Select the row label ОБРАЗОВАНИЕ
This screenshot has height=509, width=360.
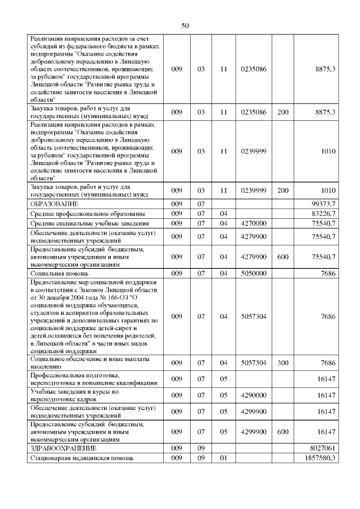(54, 203)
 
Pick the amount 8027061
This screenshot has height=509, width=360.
(323, 448)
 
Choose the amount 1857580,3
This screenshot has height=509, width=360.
(319, 459)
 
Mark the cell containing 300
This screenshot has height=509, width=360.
(283, 363)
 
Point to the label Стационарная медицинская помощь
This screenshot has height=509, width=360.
(82, 459)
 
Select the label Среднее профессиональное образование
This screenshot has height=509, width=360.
(88, 214)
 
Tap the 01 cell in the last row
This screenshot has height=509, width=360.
(223, 459)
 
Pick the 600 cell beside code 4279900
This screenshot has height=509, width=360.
(283, 257)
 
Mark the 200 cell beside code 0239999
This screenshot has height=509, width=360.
(283, 191)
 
